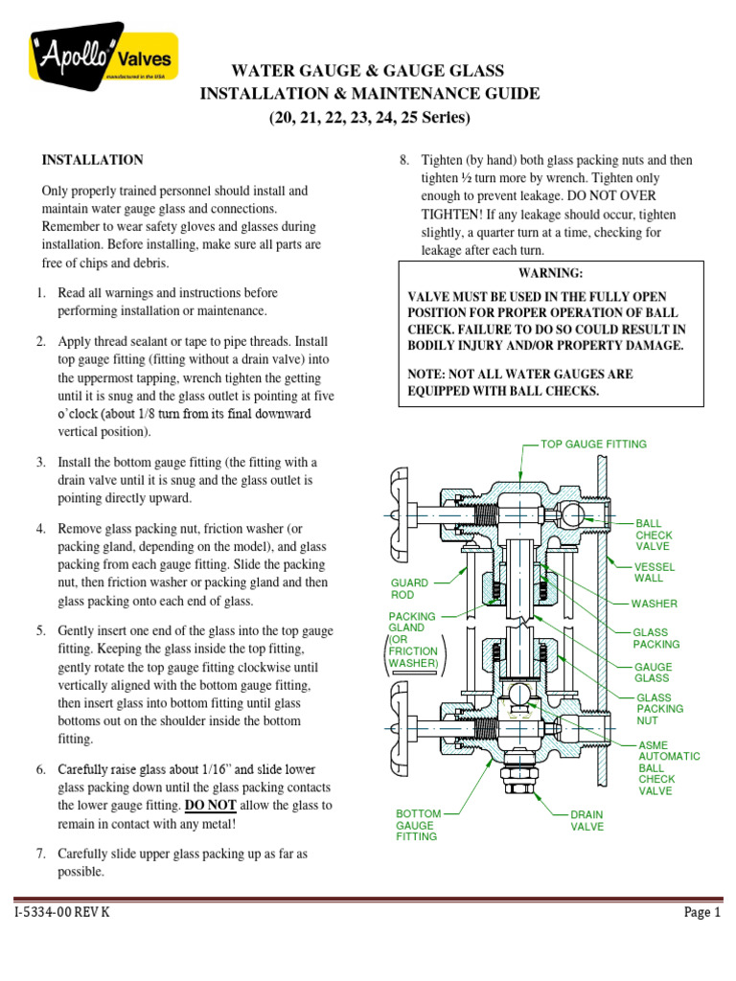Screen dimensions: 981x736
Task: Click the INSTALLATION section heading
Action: coord(92,160)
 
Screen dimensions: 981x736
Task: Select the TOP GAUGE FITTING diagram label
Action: coord(593,445)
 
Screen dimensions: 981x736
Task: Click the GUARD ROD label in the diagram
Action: coord(408,588)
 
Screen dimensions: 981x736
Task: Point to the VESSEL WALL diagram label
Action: coord(649,572)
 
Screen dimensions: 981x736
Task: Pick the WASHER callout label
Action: coord(654,605)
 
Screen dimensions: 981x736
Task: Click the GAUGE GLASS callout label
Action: coord(653,673)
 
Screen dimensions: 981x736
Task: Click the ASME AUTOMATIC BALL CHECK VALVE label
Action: coord(668,767)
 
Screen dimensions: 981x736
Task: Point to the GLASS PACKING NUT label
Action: coord(659,709)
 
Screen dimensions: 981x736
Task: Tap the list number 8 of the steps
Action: coord(404,160)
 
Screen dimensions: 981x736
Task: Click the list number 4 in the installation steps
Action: coord(42,529)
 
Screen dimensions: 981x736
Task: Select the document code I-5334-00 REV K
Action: coord(62,913)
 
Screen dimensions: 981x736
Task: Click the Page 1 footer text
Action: coord(701,913)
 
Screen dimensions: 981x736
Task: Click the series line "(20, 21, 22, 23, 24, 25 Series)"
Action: coord(369,118)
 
